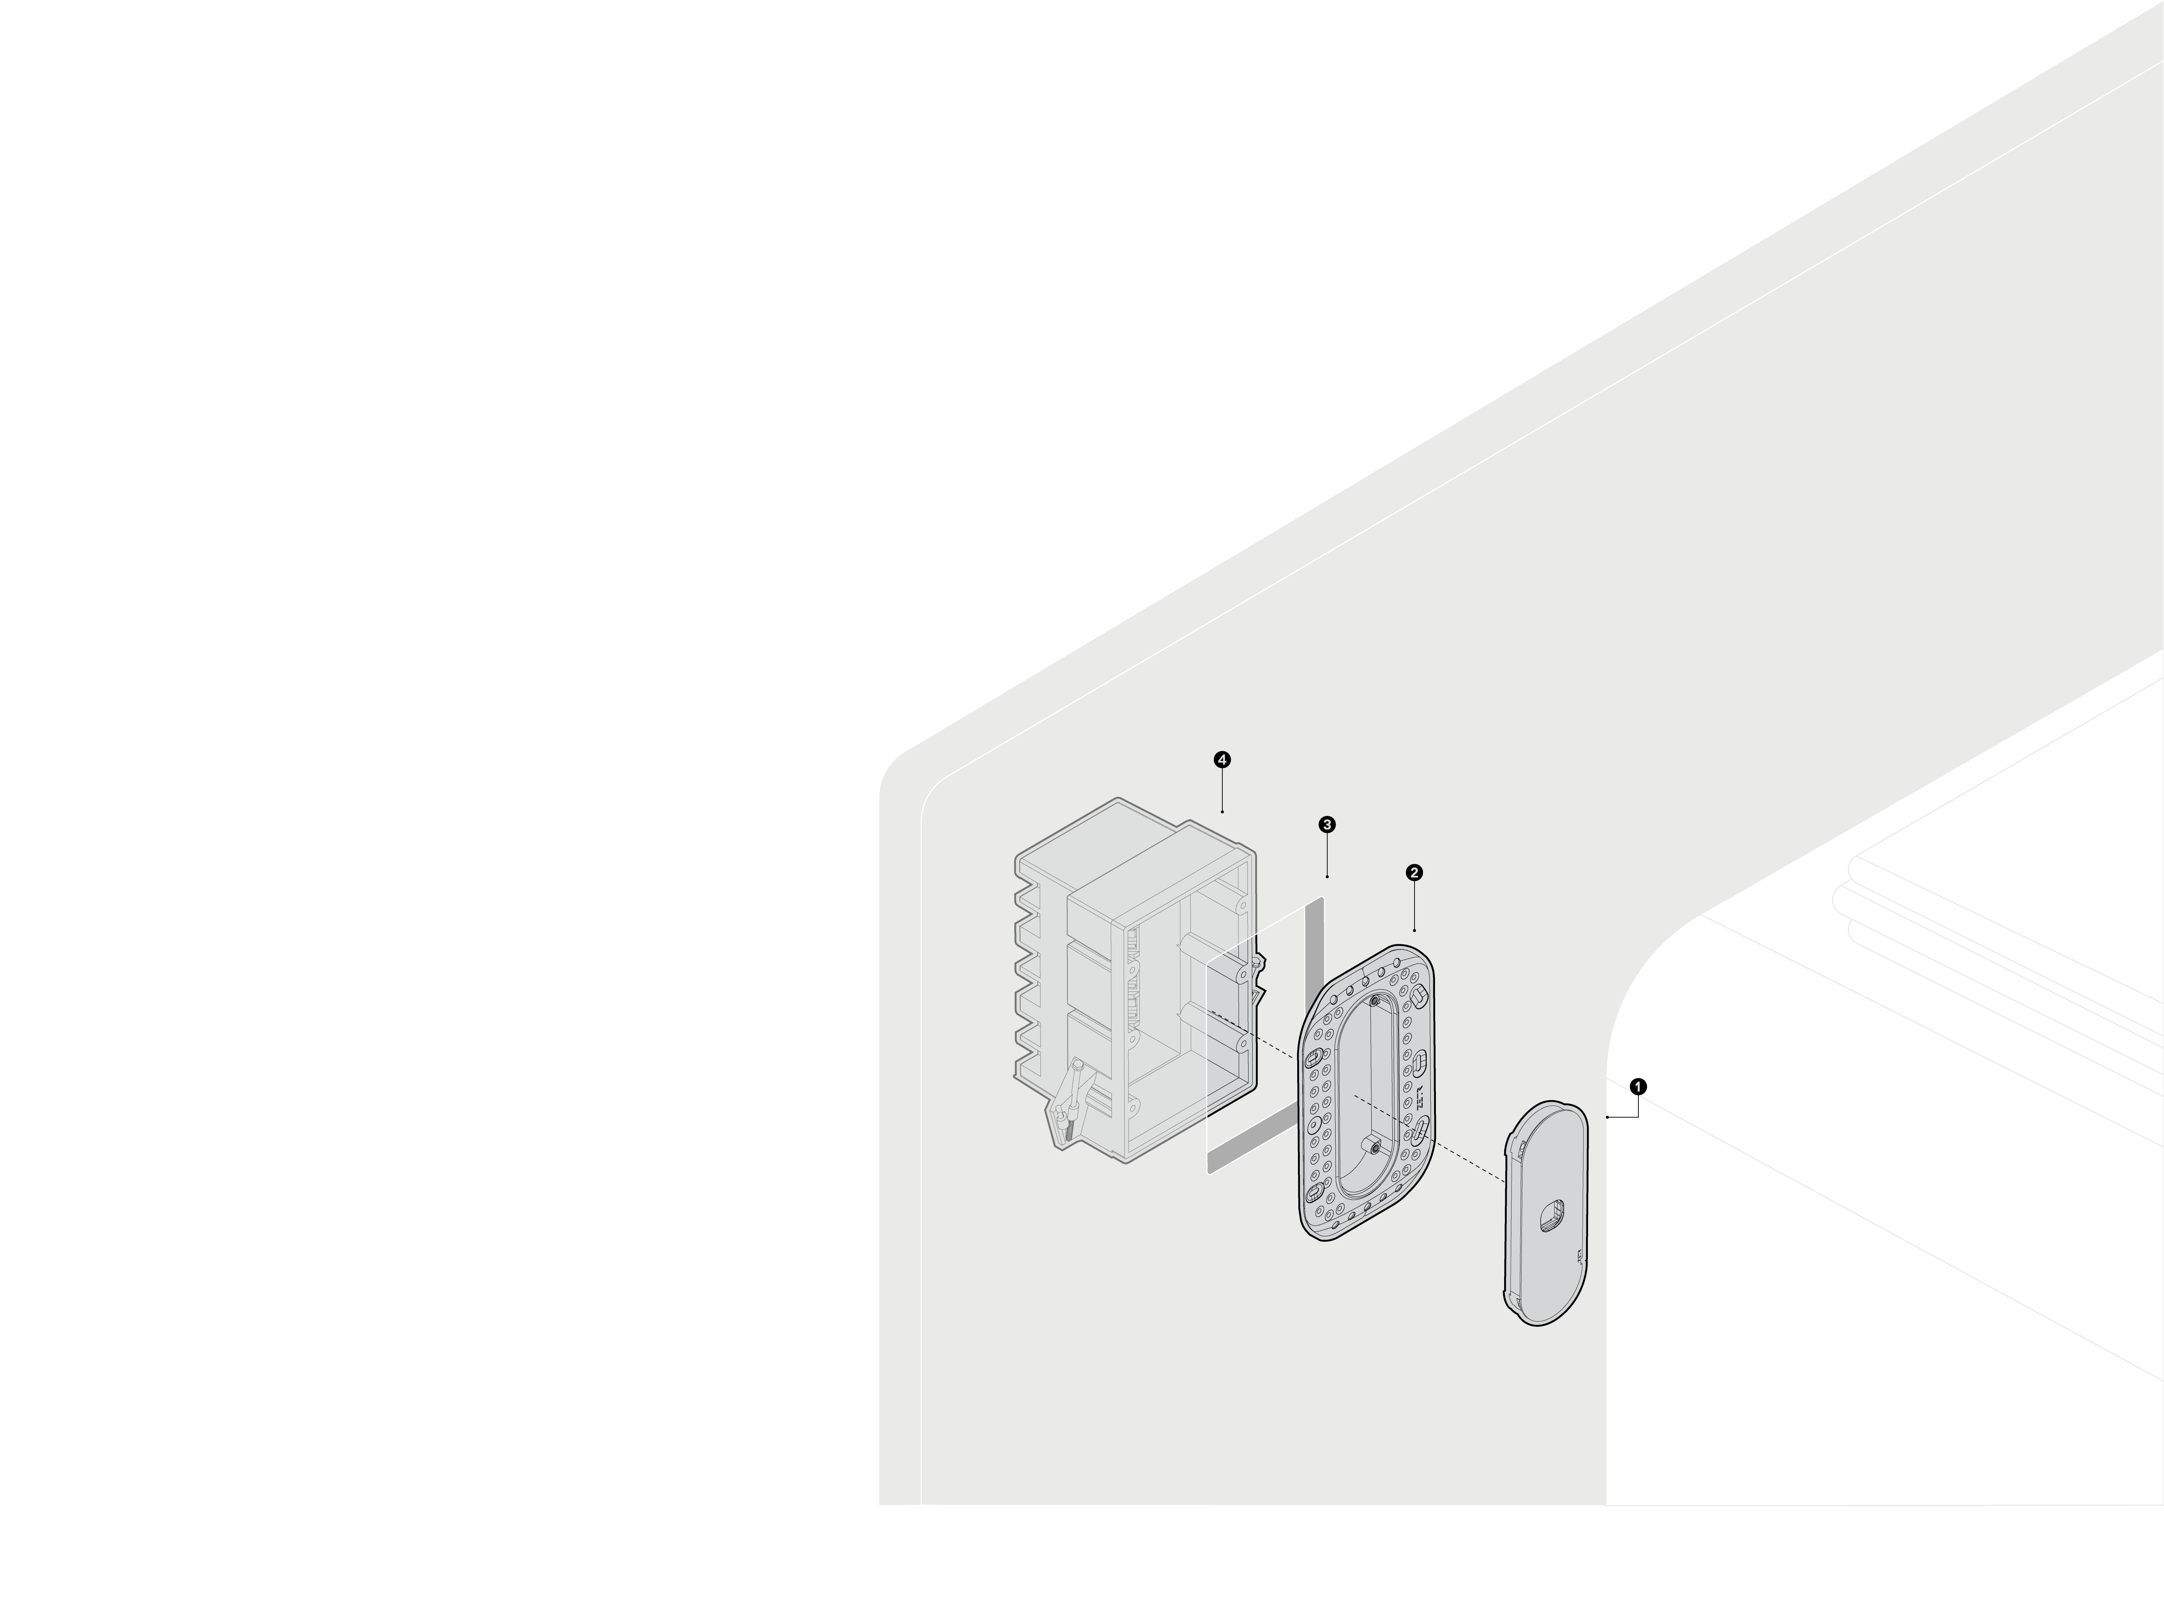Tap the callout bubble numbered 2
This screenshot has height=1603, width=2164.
click(1414, 872)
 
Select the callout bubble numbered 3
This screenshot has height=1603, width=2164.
click(1326, 824)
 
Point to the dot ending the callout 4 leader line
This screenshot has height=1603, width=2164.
click(1222, 811)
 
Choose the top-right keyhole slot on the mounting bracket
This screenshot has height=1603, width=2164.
click(1418, 995)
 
